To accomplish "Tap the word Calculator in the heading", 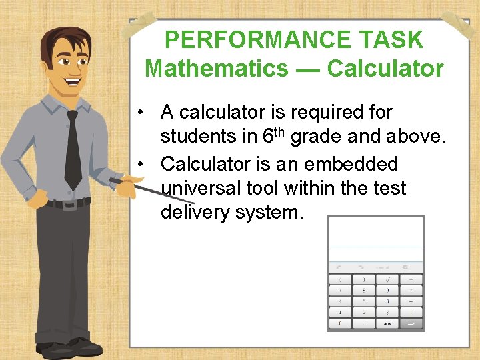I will (385, 68).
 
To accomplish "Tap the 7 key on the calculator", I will (341, 291).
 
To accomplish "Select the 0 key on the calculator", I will (341, 323).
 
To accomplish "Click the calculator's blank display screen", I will (375, 233).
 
